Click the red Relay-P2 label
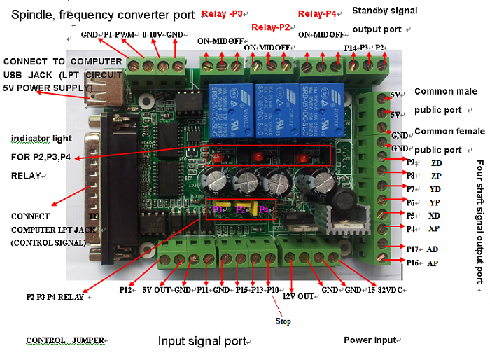coord(270,27)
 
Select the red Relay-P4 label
coord(320,13)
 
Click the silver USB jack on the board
coord(99,90)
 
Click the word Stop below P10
coord(282,321)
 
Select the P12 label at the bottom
coord(126,289)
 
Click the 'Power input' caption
coord(370,340)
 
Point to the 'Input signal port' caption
coord(202,341)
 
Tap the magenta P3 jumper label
coord(218,209)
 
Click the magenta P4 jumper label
coord(263,209)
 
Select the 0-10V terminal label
coord(153,34)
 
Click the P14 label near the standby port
coord(351,48)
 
